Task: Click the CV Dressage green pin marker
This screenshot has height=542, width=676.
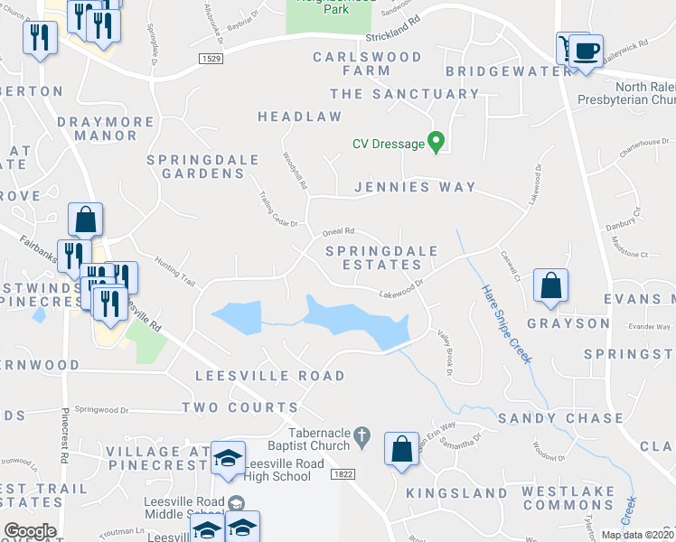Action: click(x=437, y=142)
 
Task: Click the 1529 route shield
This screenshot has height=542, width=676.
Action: click(x=211, y=58)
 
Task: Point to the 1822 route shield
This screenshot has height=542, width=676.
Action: click(x=343, y=473)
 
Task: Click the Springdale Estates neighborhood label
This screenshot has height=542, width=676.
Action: click(x=380, y=257)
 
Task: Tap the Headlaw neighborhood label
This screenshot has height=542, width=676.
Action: click(x=300, y=117)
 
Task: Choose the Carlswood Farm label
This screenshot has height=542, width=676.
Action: click(x=367, y=65)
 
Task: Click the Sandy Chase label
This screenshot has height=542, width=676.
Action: click(x=560, y=418)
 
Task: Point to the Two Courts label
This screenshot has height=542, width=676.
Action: click(x=239, y=408)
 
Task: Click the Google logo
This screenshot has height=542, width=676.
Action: click(x=30, y=531)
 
